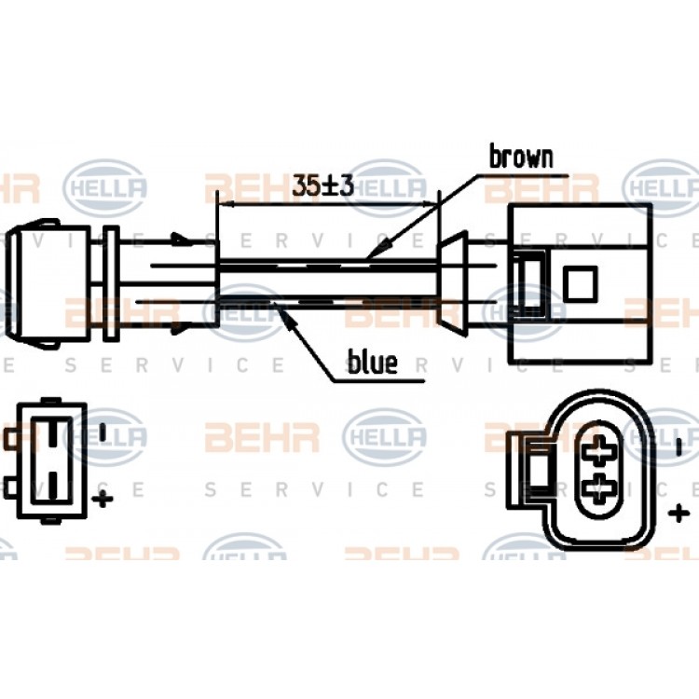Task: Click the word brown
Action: (x=521, y=157)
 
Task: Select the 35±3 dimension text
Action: (x=323, y=185)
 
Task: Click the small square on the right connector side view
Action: (x=580, y=284)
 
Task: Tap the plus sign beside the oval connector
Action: (x=678, y=514)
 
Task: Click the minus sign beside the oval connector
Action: (x=678, y=446)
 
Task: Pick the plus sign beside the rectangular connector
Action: (x=103, y=499)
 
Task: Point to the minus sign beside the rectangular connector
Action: (x=103, y=432)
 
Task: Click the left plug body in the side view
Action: (x=49, y=284)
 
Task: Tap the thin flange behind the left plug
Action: (x=111, y=284)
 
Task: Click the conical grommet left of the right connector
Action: (x=452, y=284)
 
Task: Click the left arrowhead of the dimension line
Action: (x=226, y=204)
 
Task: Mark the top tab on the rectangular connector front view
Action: (x=50, y=401)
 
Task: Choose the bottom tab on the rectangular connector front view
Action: (x=50, y=521)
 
